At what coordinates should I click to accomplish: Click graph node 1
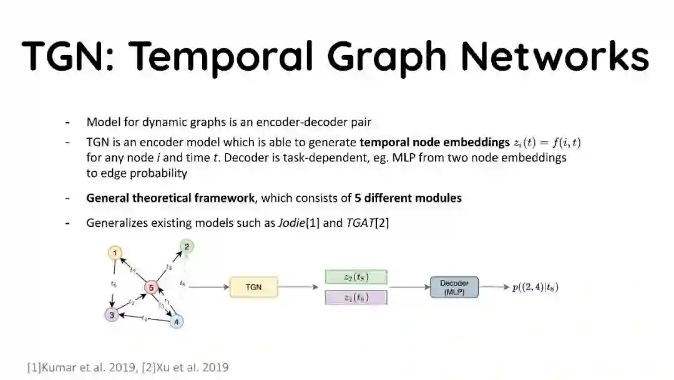[115, 253]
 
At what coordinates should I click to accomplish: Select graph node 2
[186, 246]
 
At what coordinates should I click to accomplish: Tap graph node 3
[112, 314]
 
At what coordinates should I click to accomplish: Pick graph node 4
[177, 322]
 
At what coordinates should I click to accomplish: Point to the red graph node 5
[151, 287]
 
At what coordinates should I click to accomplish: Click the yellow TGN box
[253, 287]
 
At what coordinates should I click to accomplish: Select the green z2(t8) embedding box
[356, 277]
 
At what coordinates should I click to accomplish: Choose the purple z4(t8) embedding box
[356, 297]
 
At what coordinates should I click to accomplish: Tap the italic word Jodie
[293, 222]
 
